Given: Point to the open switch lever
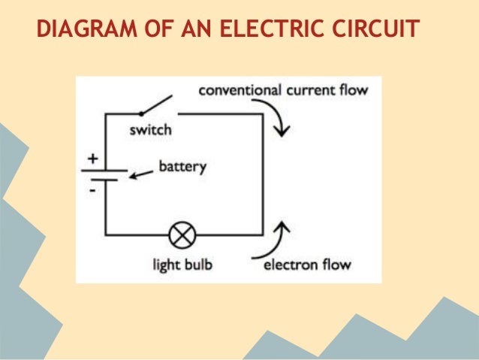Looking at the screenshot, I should click(158, 104).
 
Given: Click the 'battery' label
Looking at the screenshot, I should click(182, 167).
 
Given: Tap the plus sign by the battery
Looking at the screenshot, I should click(93, 159).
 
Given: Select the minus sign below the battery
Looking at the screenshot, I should click(93, 192).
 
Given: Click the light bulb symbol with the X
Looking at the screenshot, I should click(180, 234).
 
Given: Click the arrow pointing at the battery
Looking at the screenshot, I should click(138, 176).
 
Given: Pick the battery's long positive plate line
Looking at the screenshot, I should click(105, 170).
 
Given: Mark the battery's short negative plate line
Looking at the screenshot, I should click(105, 180).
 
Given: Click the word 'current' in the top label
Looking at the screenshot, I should click(309, 91).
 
